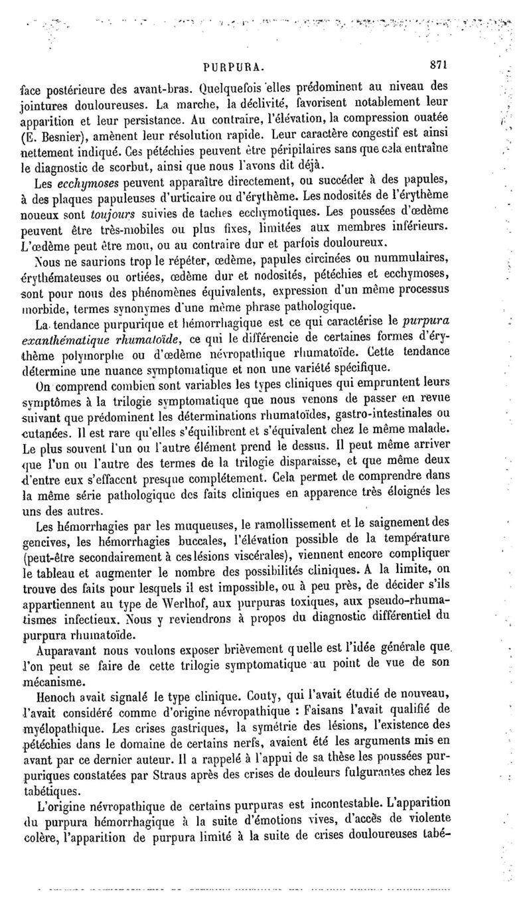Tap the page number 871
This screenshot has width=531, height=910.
(x=439, y=66)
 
